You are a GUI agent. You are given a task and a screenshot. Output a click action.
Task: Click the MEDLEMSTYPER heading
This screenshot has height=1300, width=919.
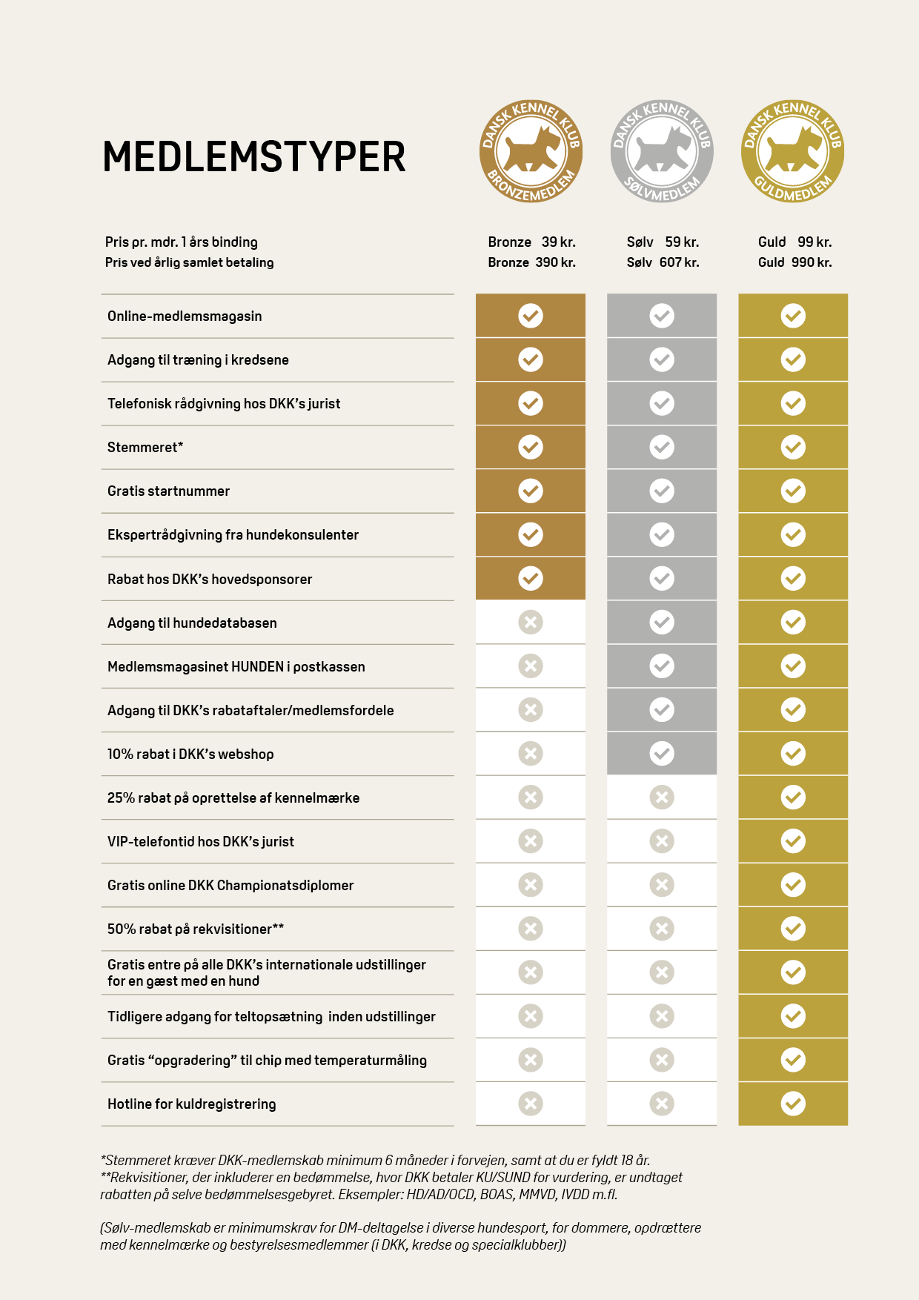(253, 156)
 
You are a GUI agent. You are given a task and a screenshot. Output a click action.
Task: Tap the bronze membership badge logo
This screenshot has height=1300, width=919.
(531, 151)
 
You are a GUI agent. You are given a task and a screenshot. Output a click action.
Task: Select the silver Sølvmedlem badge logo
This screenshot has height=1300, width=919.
(662, 151)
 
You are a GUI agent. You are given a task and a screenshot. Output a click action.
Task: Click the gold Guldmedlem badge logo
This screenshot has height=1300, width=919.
(793, 151)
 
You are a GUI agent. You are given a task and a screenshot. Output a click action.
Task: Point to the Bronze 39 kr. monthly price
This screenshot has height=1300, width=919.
(531, 242)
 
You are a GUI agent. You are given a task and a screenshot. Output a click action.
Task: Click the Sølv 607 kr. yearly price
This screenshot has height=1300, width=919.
(663, 262)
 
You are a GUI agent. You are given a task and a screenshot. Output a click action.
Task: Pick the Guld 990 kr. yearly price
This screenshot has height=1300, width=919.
(794, 262)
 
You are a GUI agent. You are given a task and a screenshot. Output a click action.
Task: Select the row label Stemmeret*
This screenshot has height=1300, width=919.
(145, 447)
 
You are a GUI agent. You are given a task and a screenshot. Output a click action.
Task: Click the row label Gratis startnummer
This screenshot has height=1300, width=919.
(168, 491)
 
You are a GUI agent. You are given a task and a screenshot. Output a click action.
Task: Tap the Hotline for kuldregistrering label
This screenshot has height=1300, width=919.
(191, 1104)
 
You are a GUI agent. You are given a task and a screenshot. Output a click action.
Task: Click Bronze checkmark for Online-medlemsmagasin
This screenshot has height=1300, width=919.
(531, 316)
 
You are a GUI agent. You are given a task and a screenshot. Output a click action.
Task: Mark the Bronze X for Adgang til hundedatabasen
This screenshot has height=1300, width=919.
(531, 622)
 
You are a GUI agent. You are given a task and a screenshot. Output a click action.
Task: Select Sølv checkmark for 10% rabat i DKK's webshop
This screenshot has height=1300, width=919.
(662, 754)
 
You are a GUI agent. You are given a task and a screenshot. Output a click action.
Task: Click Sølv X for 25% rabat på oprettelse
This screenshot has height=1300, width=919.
(662, 797)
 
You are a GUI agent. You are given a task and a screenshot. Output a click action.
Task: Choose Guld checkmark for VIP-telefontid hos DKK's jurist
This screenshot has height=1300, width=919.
(793, 841)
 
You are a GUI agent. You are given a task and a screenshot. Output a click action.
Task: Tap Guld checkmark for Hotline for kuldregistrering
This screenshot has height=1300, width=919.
(793, 1104)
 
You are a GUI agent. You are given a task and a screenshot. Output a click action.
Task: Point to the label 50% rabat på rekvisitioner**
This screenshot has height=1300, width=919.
(196, 929)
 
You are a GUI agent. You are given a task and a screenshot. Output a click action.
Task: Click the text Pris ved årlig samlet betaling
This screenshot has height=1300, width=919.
(189, 262)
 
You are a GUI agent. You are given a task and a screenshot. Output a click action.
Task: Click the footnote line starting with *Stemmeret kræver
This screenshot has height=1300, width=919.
(375, 1160)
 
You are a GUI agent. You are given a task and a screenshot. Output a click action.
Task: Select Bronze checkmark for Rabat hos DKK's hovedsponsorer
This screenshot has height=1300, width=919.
(531, 578)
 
